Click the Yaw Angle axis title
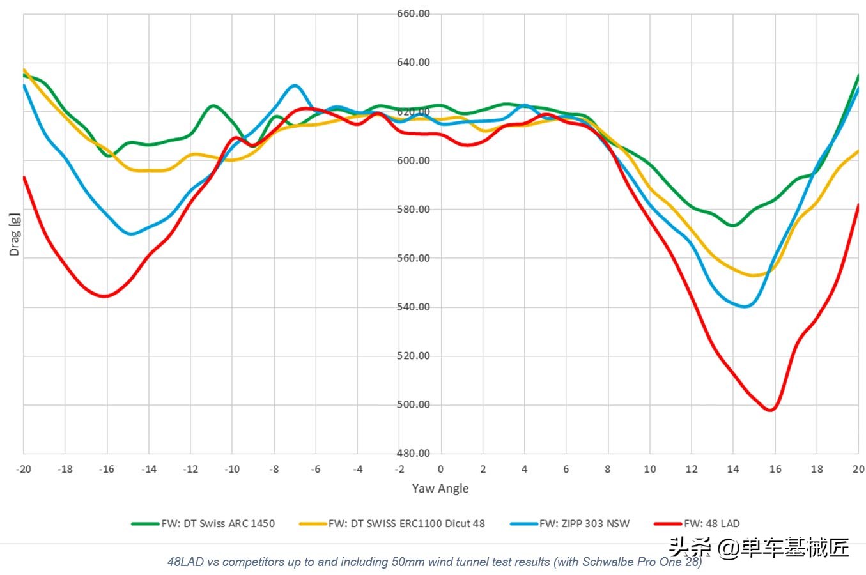point(440,488)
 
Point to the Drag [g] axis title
point(14,234)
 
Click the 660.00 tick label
point(414,13)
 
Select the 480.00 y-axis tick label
point(414,453)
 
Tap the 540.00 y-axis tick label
point(414,307)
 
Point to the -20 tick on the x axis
point(23,469)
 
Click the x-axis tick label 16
point(775,469)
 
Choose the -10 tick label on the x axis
point(231,469)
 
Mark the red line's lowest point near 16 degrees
point(771,410)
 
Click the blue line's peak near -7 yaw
point(294,85)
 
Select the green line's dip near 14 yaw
point(733,226)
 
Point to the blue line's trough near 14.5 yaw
point(745,307)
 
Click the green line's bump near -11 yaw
point(213,105)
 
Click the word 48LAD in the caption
point(185,562)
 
